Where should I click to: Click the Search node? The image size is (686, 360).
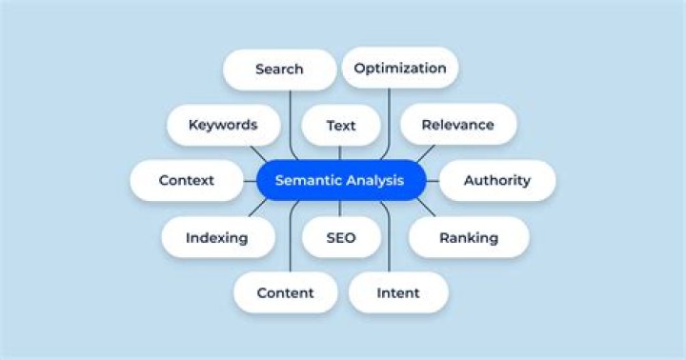279,70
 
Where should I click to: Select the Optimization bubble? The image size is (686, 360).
399,68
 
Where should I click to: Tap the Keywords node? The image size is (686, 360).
223,125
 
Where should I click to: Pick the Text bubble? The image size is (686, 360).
340,126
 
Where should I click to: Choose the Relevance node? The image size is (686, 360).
457,125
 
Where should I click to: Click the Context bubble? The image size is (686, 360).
187,180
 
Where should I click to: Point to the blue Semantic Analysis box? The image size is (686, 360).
340,180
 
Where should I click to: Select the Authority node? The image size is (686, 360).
496,180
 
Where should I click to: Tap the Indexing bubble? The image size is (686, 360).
217,237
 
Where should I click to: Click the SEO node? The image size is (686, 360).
340,237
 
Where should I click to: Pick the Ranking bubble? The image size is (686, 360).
469,237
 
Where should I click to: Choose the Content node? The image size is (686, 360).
285,292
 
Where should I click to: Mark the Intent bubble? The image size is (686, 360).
398,292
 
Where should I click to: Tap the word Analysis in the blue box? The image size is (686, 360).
373,180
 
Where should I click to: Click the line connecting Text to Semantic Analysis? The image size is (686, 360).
340,152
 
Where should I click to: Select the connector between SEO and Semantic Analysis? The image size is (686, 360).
340,209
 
